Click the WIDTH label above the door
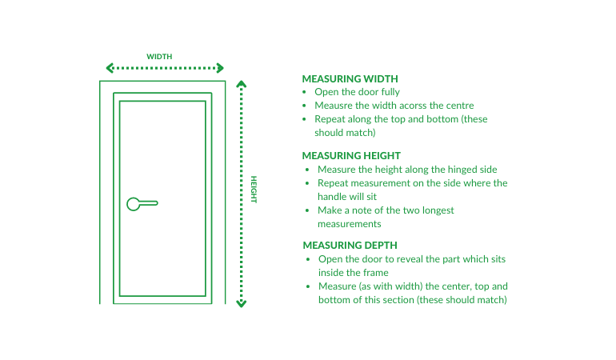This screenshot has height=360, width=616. pos(159,57)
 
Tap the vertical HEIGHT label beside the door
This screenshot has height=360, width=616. pos(254,190)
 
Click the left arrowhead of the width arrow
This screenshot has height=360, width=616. pos(110,68)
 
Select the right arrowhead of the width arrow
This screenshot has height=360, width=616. pos(220,68)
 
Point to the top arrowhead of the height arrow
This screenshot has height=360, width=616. pos(242,84)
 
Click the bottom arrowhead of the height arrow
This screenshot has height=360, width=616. pos(242,304)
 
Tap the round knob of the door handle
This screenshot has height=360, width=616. pos(133,204)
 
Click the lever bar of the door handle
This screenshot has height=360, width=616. pos(149,203)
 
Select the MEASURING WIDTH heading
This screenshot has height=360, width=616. pos(350,78)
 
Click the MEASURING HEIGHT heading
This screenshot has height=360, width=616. pos(351,156)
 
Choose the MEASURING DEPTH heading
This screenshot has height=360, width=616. pos(350,246)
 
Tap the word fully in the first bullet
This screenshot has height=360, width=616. pos(390,92)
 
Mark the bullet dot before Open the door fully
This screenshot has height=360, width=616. pos(304,92)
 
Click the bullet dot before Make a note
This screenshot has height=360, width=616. pos(307,210)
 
